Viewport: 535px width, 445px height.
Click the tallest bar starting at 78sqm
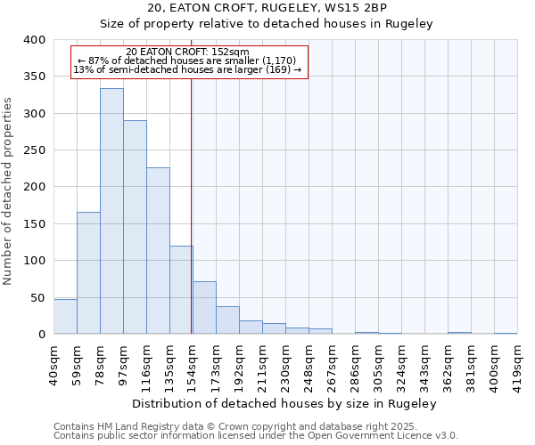tap(111, 211)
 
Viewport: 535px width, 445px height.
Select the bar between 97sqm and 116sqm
tap(135, 227)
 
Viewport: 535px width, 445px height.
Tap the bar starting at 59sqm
tap(88, 272)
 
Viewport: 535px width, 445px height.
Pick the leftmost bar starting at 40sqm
tap(65, 317)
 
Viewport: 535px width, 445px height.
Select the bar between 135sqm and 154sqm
tap(181, 290)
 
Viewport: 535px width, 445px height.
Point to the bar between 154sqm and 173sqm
tap(204, 308)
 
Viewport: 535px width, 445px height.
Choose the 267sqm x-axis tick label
tap(332, 364)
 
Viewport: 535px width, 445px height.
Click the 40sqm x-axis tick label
tap(53, 364)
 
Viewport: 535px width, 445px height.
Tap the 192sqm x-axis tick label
tap(239, 364)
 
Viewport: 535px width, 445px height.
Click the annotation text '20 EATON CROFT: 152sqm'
tap(188, 52)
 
